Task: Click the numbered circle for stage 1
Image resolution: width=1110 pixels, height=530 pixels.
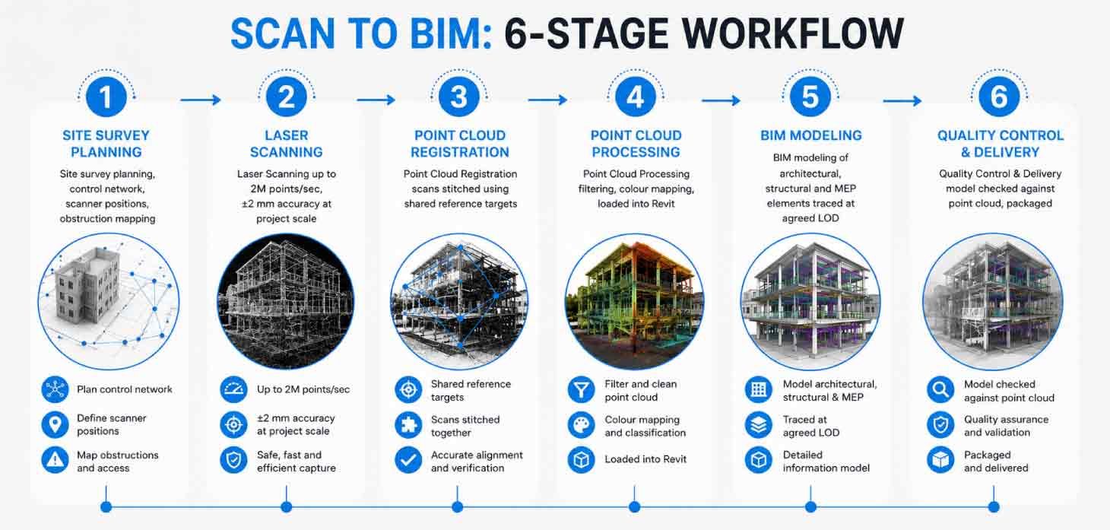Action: click(106, 97)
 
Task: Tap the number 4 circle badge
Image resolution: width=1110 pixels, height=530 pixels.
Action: click(636, 97)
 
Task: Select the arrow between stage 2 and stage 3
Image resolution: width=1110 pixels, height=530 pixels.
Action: click(376, 100)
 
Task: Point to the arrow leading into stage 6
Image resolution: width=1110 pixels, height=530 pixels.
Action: click(902, 101)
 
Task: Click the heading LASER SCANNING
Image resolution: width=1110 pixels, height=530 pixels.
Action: click(287, 144)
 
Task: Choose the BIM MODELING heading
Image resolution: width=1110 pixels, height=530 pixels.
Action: click(811, 135)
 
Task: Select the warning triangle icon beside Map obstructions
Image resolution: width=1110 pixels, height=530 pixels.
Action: click(55, 460)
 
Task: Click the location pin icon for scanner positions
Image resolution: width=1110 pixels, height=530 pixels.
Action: click(55, 424)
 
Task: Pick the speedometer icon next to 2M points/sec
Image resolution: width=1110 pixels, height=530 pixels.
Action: click(233, 389)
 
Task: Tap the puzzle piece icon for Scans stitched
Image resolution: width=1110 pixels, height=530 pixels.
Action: click(408, 425)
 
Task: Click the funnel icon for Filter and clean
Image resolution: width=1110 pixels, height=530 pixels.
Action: click(581, 389)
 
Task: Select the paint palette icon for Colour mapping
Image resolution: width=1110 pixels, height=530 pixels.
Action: click(581, 425)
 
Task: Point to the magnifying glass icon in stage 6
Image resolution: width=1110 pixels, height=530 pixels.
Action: click(940, 389)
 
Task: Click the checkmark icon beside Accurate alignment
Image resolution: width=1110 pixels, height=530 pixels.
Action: click(408, 460)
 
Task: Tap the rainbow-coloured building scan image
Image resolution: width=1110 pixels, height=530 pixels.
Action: click(635, 301)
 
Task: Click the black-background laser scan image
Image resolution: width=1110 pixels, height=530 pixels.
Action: click(286, 301)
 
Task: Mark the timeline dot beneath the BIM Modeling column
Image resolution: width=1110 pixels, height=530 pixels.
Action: click(810, 506)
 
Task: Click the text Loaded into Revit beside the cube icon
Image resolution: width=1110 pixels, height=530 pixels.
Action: click(645, 459)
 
